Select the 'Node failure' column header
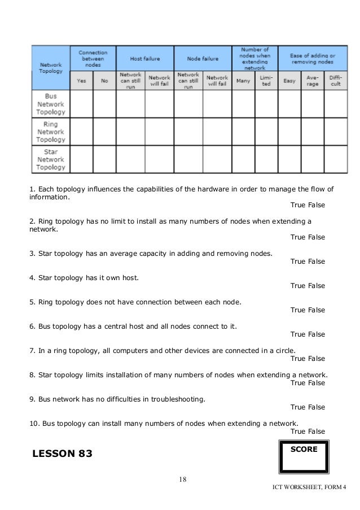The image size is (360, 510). [202, 58]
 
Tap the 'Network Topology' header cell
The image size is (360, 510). [51, 68]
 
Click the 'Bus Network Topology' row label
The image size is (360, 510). [51, 104]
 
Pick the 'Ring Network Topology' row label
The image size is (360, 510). [51, 132]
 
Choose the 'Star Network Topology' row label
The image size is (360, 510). [51, 159]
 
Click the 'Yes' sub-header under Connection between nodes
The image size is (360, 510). [81, 81]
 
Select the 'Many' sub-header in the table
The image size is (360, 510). [243, 81]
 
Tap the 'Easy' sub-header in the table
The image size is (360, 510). [289, 81]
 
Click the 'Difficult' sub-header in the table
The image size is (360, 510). [336, 81]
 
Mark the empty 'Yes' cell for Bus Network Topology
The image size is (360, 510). [81, 104]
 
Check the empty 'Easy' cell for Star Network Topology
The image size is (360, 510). [289, 159]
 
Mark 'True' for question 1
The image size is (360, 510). [298, 205]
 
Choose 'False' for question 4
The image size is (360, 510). [317, 286]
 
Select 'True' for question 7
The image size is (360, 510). [298, 359]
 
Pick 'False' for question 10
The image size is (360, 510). [317, 431]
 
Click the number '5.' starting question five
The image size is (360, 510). [33, 302]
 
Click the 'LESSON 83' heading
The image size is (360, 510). [62, 454]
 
